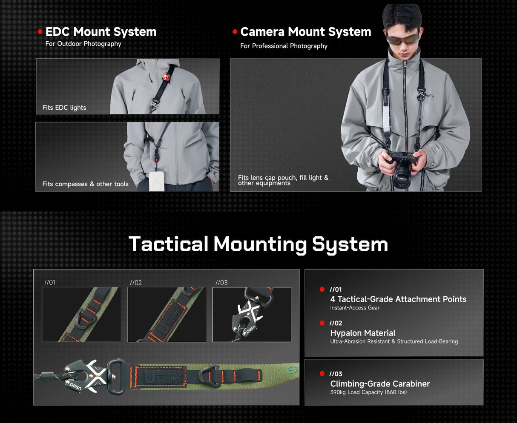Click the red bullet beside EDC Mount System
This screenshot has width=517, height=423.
pos(40,31)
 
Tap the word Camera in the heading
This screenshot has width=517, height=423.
pos(262,32)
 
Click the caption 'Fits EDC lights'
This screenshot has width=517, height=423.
pos(64,108)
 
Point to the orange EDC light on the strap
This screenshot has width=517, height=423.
pos(166,78)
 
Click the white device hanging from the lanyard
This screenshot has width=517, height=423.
pos(157,181)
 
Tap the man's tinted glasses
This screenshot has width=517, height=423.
pos(402,39)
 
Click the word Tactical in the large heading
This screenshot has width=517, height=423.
pos(169,244)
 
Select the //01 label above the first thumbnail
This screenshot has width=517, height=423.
pos(50,282)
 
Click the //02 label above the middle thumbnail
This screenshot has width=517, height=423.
pos(136,283)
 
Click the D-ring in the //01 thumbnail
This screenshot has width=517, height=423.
pos(86,318)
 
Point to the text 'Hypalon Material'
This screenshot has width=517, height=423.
pos(363,333)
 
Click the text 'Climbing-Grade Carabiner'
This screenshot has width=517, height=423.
pos(380,383)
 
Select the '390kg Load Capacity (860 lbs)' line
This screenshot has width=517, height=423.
pos(368,392)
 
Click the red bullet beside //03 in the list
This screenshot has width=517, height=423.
pos(322,374)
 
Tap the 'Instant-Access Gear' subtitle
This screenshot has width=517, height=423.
pos(355,308)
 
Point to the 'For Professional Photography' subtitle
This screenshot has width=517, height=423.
pos(284,46)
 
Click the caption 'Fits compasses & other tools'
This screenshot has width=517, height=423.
pos(85,184)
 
